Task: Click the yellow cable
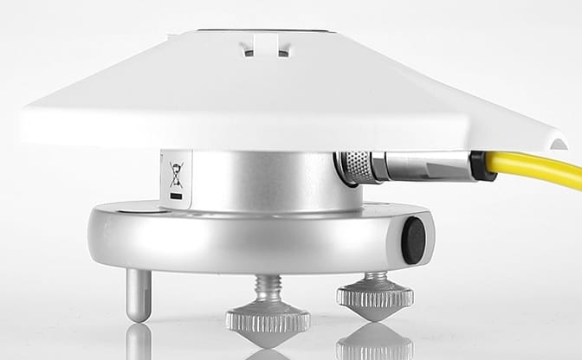tap(537, 169)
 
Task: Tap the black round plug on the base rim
tap(415, 241)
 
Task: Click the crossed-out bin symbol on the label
tap(177, 176)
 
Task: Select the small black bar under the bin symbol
tap(177, 196)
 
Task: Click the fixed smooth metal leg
tap(139, 294)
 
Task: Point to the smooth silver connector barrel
tap(424, 165)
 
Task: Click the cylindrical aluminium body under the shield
tap(260, 182)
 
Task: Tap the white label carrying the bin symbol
tap(176, 181)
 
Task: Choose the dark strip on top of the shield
tap(260, 30)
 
